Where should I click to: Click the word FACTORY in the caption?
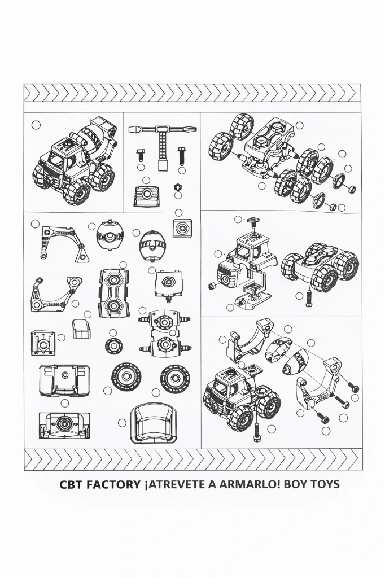111,484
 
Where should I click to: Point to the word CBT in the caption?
71,484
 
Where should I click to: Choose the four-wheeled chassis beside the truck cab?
320,266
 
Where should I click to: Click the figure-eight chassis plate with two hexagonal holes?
113,292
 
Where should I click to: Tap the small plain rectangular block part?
81,329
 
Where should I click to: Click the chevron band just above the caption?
193,459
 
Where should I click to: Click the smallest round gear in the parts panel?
113,345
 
